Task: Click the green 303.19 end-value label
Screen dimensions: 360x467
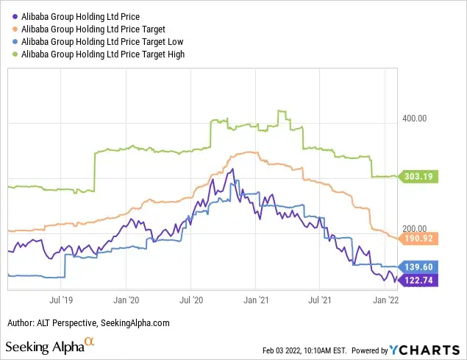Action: (x=420, y=177)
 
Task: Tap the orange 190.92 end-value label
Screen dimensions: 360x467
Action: (x=420, y=239)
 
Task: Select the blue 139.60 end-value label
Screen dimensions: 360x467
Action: (x=420, y=267)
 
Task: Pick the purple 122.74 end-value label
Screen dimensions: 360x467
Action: (x=420, y=280)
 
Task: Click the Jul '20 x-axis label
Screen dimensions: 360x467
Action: (x=190, y=300)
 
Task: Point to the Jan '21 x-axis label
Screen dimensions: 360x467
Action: (x=255, y=300)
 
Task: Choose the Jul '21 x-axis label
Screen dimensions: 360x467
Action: (x=319, y=300)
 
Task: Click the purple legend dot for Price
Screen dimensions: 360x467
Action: (x=15, y=15)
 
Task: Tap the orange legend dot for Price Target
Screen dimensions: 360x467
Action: (x=15, y=28)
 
